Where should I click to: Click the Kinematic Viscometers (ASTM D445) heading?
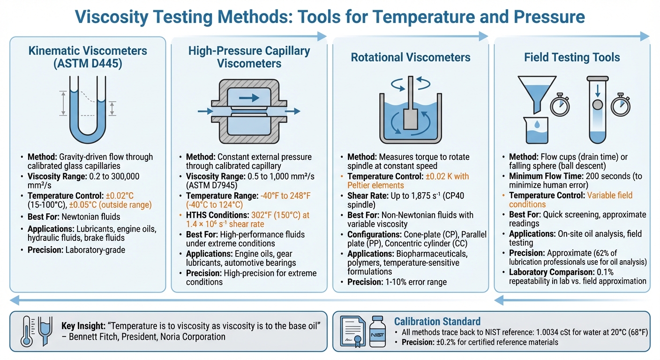coord(88,57)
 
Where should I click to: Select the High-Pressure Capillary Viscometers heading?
coord(249,57)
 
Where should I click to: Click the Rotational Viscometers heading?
coord(411,57)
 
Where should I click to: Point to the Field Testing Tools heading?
coord(572,57)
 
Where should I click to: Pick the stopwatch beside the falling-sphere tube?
coord(621,105)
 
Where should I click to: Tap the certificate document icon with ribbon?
coord(353,331)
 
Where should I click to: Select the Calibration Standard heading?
coord(437,322)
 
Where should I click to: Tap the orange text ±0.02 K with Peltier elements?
coord(408,181)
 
